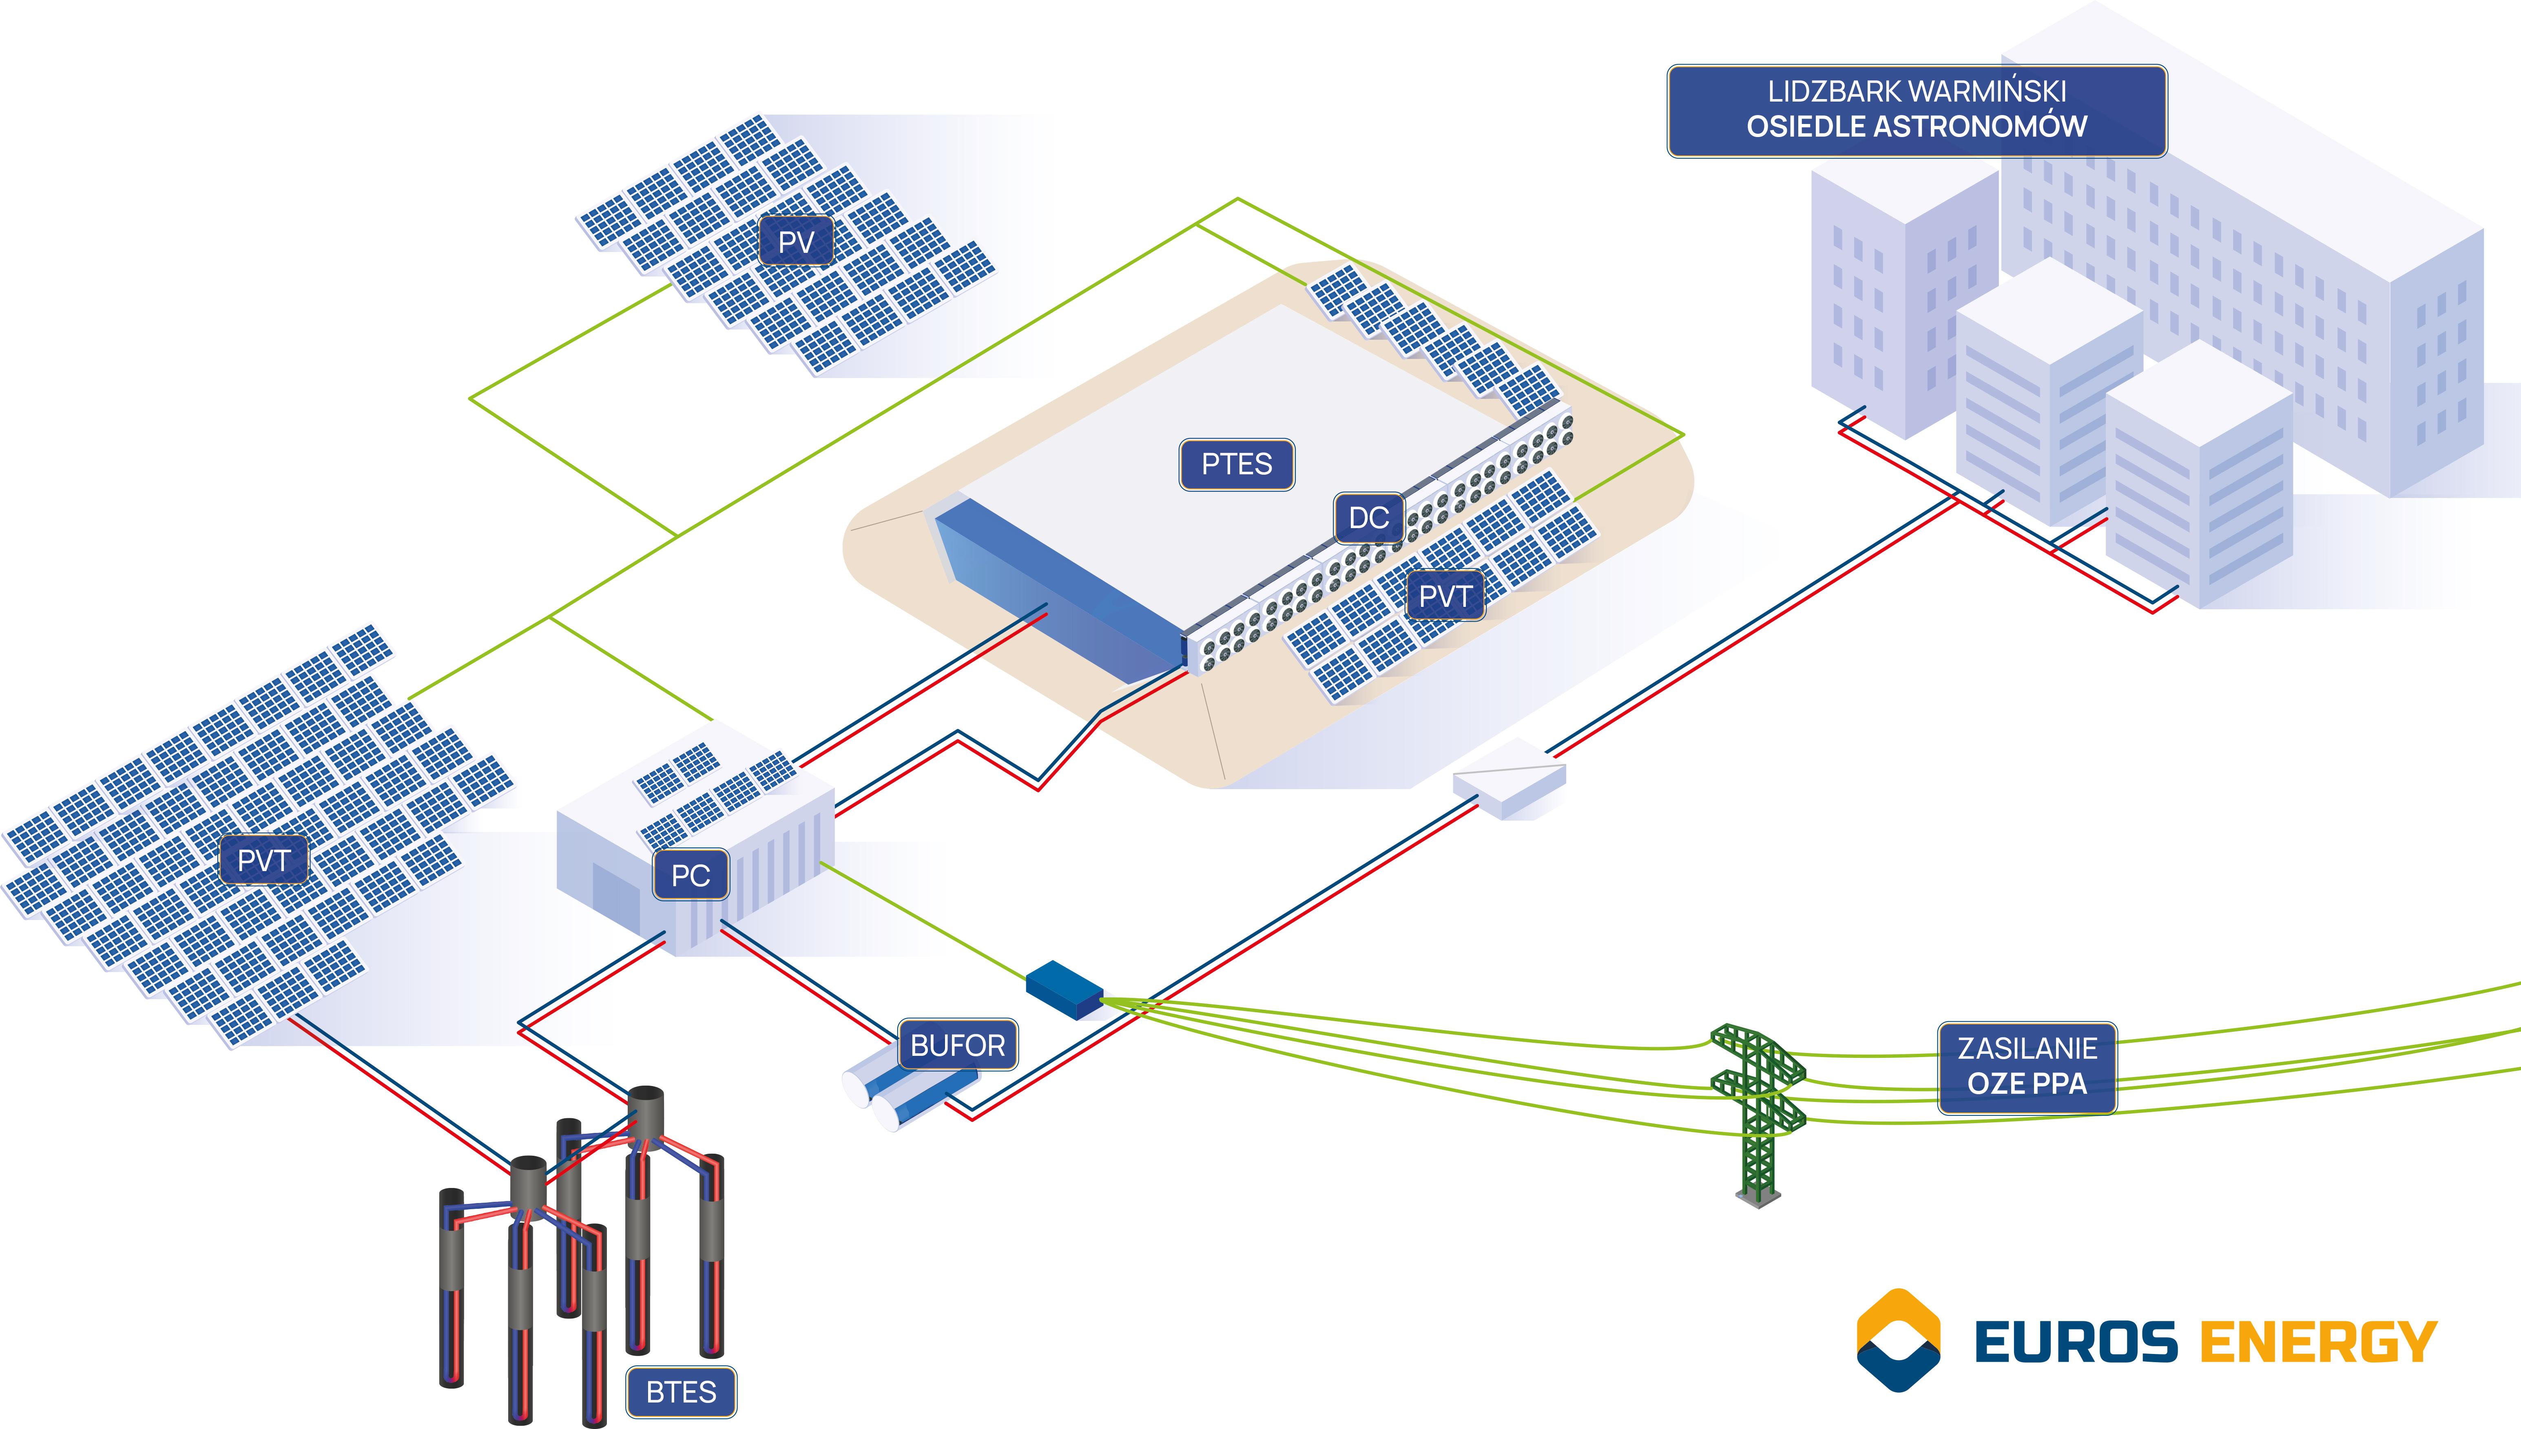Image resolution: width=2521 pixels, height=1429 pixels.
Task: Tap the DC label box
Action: [x=1368, y=518]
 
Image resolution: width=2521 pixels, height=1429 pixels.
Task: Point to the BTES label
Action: [x=681, y=1392]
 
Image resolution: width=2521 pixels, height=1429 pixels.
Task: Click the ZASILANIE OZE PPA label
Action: [x=2026, y=1067]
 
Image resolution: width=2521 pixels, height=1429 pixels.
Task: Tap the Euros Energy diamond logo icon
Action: [x=1898, y=1340]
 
